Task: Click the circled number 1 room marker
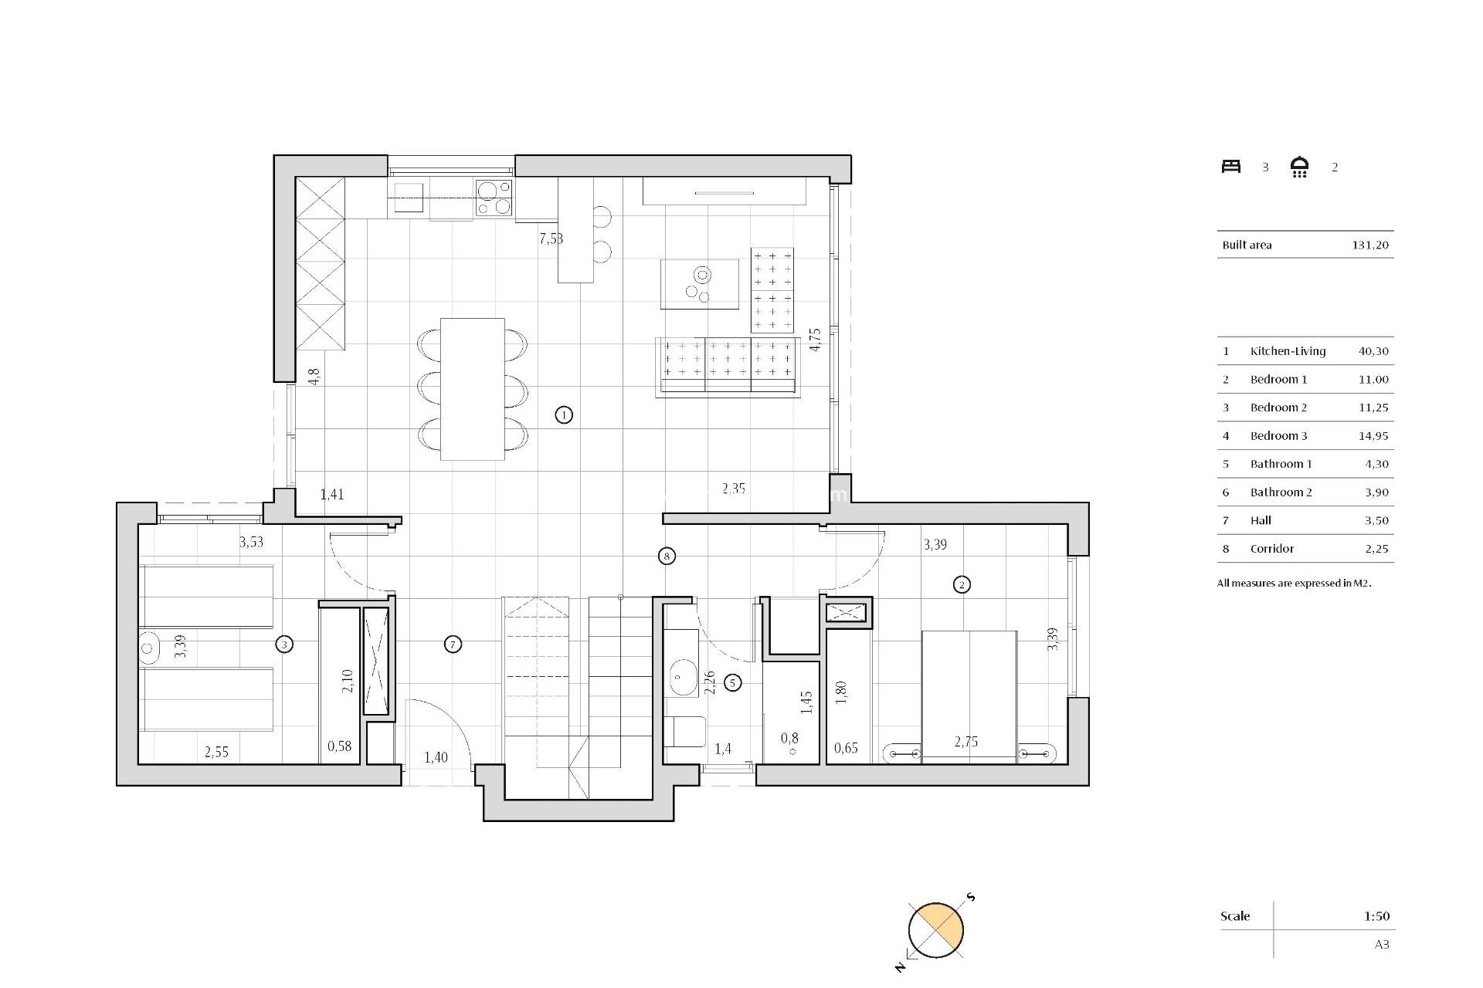coord(564,415)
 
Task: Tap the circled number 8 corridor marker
coord(667,556)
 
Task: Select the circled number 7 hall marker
coord(453,644)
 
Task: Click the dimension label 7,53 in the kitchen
coord(551,239)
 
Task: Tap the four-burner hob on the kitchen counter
coord(494,197)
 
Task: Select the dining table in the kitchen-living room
coord(472,389)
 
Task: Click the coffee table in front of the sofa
coord(699,284)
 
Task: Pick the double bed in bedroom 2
coord(969,695)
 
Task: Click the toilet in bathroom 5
coord(685,732)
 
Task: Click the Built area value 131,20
coord(1370,245)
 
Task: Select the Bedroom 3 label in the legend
coord(1278,436)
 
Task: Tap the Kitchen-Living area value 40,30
coord(1373,351)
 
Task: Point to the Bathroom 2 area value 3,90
coord(1376,492)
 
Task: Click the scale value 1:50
coord(1376,916)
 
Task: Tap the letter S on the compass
coord(971,897)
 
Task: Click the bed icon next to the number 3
coord(1230,167)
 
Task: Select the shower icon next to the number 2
coord(1299,167)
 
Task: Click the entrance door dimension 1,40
coord(436,757)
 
